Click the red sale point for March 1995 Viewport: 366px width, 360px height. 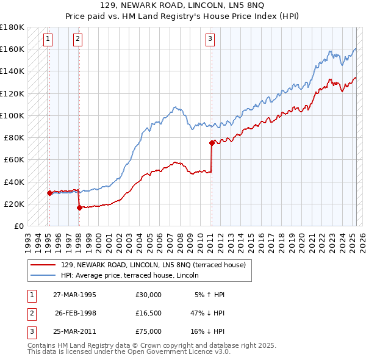click(49, 193)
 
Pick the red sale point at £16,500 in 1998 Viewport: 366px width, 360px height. click(79, 207)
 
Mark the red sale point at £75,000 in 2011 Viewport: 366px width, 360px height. click(212, 143)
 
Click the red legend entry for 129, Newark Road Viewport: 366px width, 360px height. click(153, 265)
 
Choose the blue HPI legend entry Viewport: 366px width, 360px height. click(141, 275)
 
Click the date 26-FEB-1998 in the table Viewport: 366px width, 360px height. click(75, 314)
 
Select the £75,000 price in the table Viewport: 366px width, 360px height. click(149, 332)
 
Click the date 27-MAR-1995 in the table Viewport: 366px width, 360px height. click(75, 295)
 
